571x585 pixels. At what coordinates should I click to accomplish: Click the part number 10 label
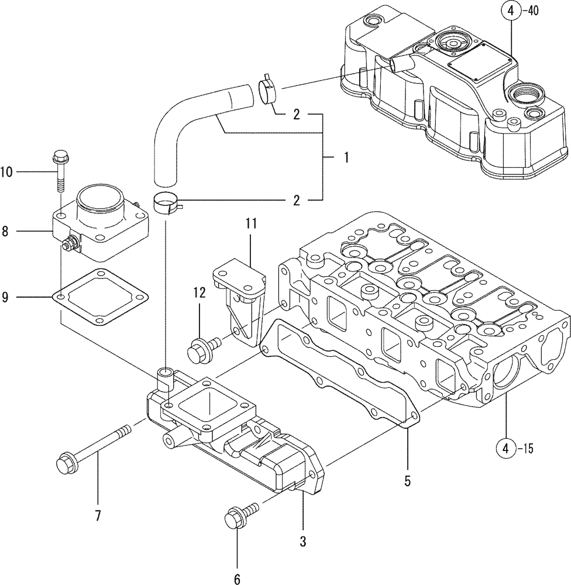(6, 171)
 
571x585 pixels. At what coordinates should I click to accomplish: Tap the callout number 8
(5, 232)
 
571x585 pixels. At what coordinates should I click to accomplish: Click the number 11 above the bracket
(251, 223)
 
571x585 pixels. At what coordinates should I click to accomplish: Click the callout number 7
(98, 515)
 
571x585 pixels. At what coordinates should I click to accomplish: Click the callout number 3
(302, 542)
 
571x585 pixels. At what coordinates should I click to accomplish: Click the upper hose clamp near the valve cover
(267, 91)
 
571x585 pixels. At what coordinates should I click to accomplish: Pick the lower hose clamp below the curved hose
(166, 204)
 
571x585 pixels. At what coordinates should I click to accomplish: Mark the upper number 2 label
(297, 115)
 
